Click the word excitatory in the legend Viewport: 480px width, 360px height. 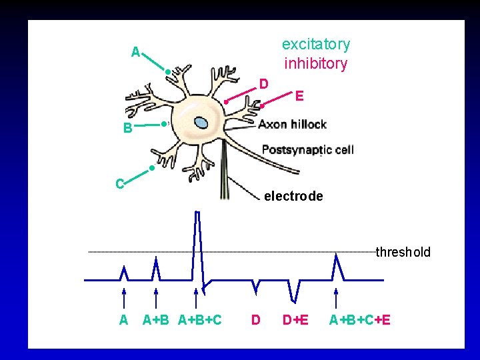point(315,45)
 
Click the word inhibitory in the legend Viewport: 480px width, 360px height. point(315,64)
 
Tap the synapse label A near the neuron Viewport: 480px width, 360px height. point(135,52)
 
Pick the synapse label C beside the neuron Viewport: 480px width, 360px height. point(119,183)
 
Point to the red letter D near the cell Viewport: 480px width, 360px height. point(264,83)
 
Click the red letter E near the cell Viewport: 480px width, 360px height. point(299,97)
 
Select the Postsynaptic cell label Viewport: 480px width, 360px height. point(307,149)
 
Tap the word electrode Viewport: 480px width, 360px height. point(293,197)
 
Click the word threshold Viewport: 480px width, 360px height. point(403,253)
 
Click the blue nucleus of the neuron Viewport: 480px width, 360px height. point(201,123)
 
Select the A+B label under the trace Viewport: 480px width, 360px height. point(157,320)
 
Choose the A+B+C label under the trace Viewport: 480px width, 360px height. point(200,320)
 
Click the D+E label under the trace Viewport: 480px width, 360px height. point(295,320)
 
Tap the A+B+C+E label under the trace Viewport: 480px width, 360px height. point(360,320)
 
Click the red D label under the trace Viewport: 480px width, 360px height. point(255,320)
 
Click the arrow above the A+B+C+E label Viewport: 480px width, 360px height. point(336,297)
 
